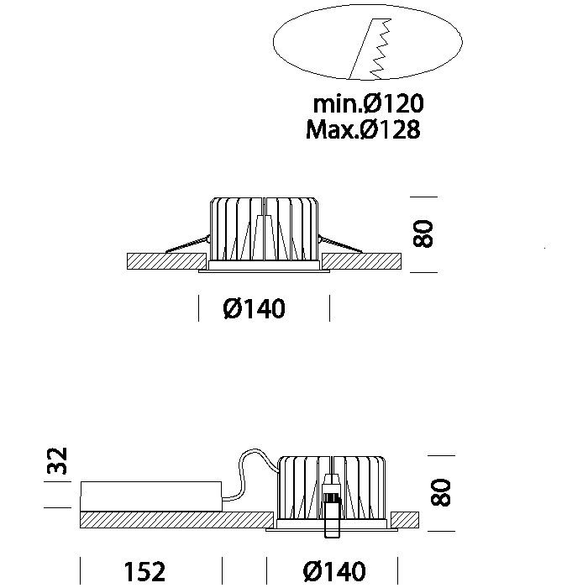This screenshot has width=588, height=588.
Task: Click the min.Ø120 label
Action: click(368, 103)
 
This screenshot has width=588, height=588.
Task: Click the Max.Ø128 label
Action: click(363, 129)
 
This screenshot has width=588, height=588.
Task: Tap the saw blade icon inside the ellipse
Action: click(371, 49)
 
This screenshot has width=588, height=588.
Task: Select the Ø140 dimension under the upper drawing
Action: click(255, 308)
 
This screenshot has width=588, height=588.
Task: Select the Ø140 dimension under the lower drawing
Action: click(334, 571)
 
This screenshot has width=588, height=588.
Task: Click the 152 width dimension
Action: click(144, 571)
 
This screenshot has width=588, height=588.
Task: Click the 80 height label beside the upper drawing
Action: click(423, 234)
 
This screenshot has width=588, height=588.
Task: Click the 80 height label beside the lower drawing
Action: click(440, 492)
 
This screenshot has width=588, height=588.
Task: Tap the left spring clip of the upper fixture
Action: click(187, 244)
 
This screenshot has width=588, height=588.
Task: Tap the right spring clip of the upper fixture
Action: click(340, 244)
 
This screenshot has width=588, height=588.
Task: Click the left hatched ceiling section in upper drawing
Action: click(167, 261)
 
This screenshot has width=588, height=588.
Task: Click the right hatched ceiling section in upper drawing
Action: click(361, 261)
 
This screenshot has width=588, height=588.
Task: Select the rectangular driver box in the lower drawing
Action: click(151, 496)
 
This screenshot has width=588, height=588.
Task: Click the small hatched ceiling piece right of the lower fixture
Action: click(405, 520)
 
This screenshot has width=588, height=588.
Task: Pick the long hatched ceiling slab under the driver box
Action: click(176, 520)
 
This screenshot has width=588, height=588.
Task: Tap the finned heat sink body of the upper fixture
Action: click(264, 228)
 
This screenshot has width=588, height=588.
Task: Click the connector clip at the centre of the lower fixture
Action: click(333, 507)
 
